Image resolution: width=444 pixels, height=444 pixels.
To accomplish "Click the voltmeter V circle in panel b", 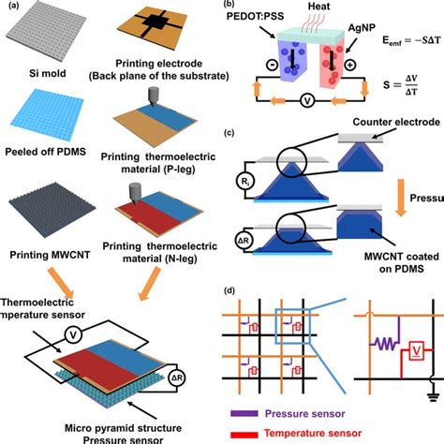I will (x=308, y=122).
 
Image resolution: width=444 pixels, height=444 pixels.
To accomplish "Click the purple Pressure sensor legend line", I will (x=246, y=408).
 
